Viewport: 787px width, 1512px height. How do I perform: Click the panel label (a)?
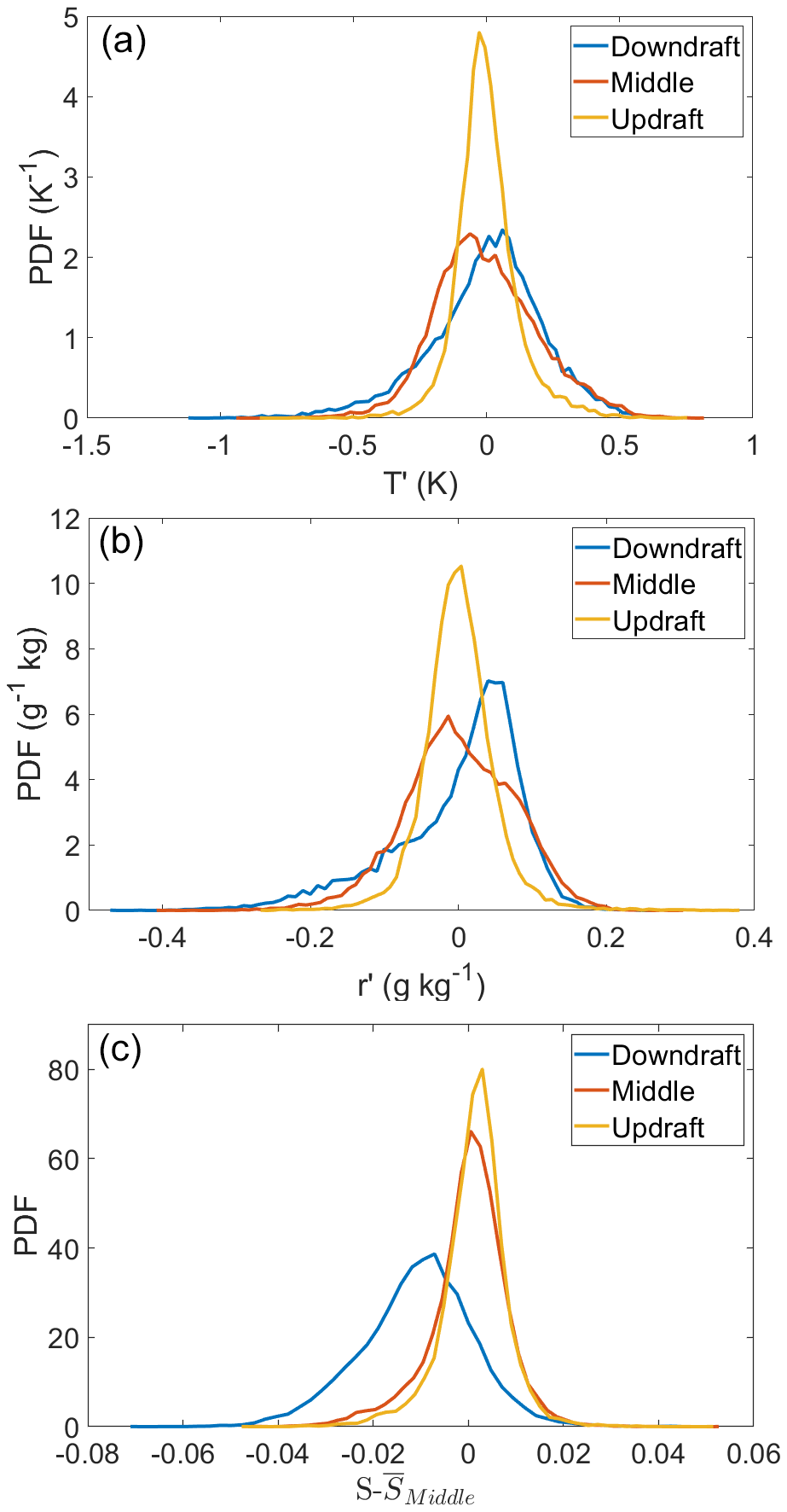(x=124, y=41)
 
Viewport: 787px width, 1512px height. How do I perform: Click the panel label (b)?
(x=122, y=542)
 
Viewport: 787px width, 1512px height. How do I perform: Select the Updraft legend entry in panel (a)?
(x=657, y=119)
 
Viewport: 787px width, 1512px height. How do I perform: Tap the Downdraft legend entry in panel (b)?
(x=677, y=548)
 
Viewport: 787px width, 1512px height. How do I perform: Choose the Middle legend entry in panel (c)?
(x=653, y=1091)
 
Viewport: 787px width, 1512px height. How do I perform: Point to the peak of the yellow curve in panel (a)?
(x=479, y=33)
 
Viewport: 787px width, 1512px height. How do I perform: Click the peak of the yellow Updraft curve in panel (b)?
(x=460, y=566)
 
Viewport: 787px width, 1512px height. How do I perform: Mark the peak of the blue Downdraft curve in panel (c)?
(x=434, y=1253)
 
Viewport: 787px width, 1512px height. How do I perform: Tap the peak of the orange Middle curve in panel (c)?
(x=471, y=1131)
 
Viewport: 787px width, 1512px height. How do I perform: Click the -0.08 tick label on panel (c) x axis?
(x=87, y=1453)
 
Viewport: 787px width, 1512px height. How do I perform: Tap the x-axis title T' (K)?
(x=420, y=485)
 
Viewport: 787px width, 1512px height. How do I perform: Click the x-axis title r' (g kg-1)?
(x=420, y=986)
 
